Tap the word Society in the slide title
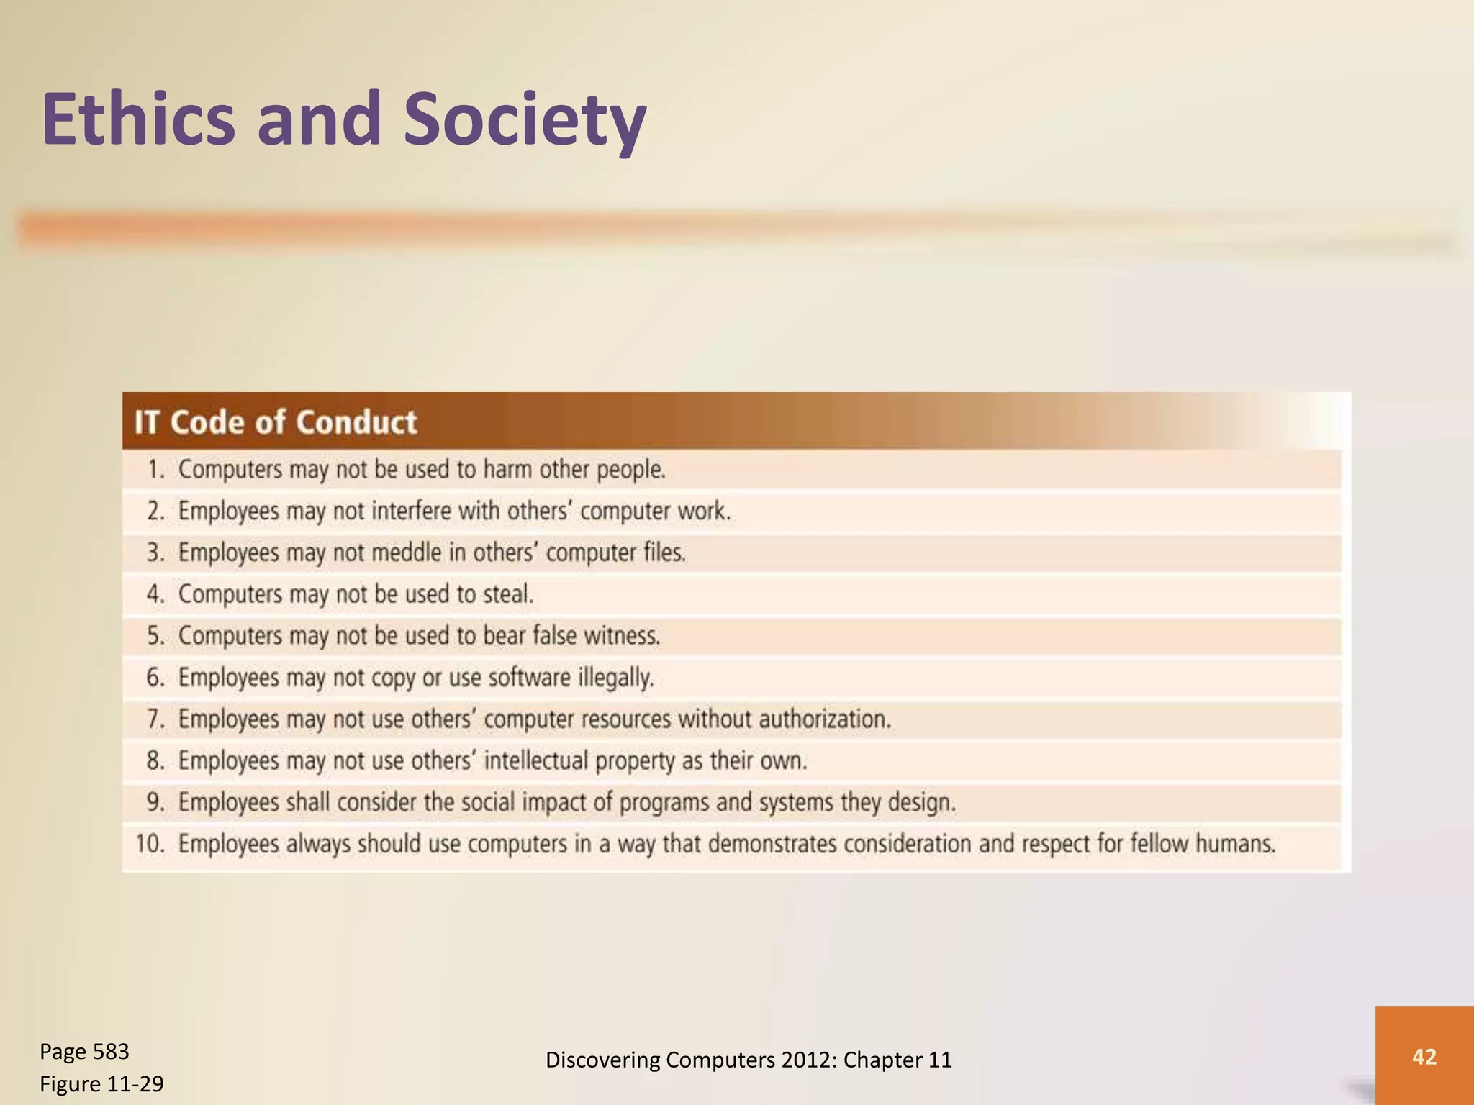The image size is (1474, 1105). pyautogui.click(x=524, y=119)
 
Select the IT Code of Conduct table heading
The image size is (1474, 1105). pyautogui.click(x=276, y=422)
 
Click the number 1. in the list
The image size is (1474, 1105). pyautogui.click(x=156, y=470)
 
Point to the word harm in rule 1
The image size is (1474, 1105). pyautogui.click(x=507, y=470)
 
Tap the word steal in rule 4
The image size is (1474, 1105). pyautogui.click(x=508, y=595)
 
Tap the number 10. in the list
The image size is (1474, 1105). pyautogui.click(x=151, y=844)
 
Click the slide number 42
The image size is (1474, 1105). pyautogui.click(x=1424, y=1057)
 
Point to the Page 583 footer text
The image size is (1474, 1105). pyautogui.click(x=84, y=1052)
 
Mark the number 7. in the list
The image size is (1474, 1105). pyautogui.click(x=156, y=719)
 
